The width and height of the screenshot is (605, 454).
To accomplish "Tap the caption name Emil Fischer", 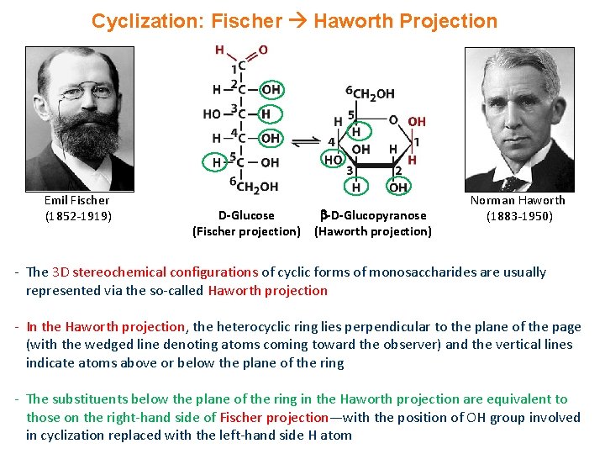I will click(76, 200).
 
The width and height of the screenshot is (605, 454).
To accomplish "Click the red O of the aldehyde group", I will click(263, 50).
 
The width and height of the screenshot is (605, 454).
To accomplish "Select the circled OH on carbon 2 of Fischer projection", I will click(271, 89).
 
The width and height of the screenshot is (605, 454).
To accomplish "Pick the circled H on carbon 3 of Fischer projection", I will click(266, 113).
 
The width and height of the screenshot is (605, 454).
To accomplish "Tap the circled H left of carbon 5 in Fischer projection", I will click(216, 162).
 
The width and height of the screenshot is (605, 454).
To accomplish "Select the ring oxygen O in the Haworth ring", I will click(392, 120).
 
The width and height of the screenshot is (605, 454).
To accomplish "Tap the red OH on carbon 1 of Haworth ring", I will click(417, 122).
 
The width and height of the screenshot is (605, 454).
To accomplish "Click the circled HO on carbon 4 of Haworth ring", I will click(334, 158).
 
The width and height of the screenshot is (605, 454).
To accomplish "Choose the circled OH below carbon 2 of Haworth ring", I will click(398, 186).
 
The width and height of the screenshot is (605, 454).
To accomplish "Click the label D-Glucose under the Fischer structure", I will click(246, 216).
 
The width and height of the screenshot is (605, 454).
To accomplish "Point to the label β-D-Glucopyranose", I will click(374, 216).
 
